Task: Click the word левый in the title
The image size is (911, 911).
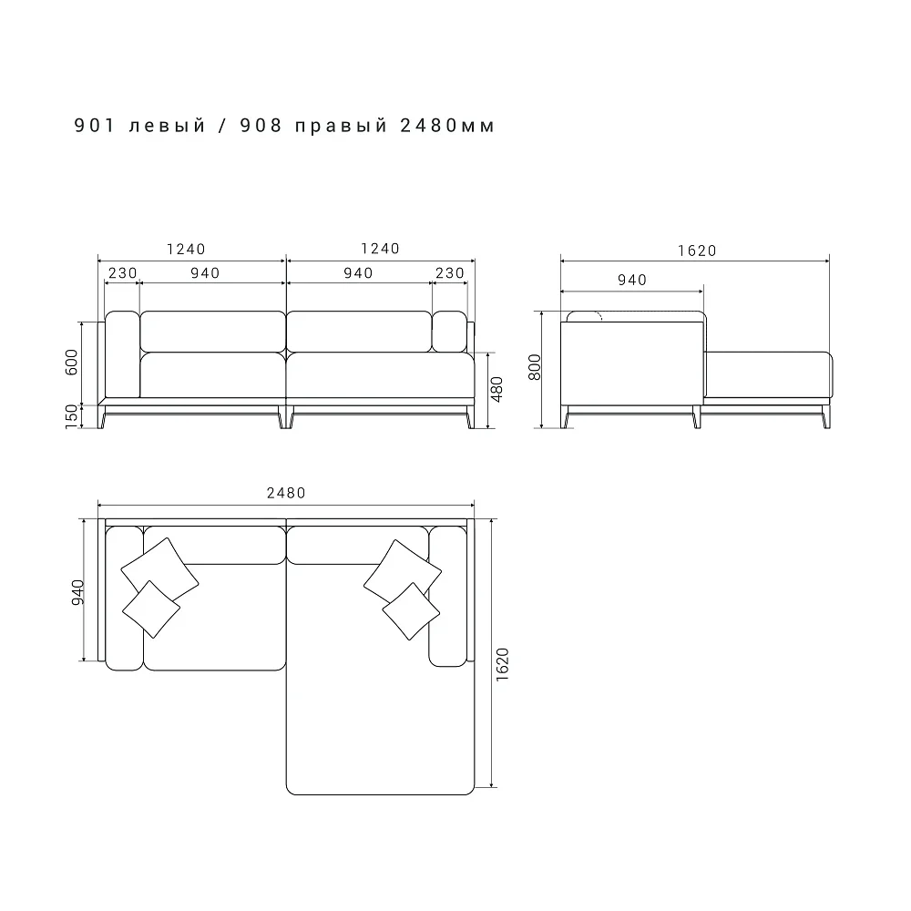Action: click(168, 126)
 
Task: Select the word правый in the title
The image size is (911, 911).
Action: click(341, 127)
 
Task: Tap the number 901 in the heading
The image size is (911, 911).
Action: click(96, 126)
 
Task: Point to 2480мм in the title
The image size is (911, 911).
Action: click(447, 126)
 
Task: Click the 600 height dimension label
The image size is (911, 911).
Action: click(71, 362)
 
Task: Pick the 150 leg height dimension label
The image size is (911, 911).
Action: click(71, 416)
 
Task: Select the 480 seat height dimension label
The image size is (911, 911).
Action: click(496, 389)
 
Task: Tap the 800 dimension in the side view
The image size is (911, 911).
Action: click(535, 367)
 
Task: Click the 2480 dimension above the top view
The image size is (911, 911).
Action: click(286, 493)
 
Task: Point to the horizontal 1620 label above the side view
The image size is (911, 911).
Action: click(697, 251)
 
